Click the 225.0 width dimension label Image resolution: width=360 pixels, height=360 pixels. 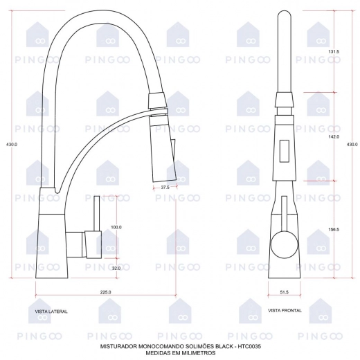point(105,292)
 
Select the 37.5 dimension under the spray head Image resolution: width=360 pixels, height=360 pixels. point(165,188)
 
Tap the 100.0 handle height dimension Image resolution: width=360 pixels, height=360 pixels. point(116,227)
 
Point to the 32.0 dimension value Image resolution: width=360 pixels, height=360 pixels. point(116,269)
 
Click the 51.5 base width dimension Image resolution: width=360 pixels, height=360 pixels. point(285,292)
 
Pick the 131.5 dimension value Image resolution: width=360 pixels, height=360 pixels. point(334,52)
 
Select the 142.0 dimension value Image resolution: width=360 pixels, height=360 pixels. point(334,137)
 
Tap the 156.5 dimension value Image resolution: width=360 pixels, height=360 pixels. point(334,230)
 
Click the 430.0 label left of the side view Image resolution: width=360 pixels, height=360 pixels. point(12,145)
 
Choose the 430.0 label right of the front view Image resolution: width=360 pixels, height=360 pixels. point(352,145)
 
